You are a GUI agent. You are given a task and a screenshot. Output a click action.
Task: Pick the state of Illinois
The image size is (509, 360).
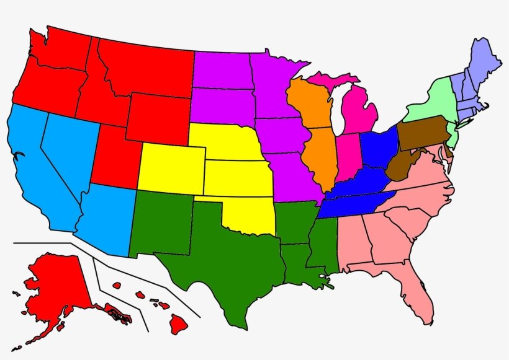[x=319, y=155]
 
